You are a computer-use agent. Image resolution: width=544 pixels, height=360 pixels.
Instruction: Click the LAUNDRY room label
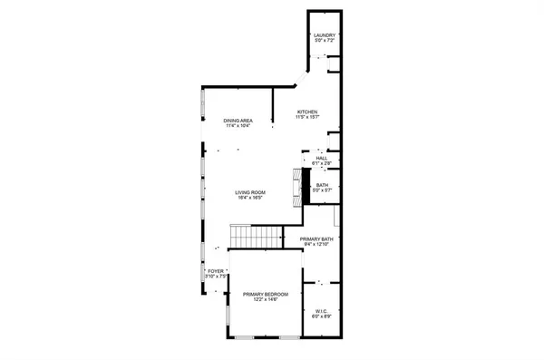tap(325, 36)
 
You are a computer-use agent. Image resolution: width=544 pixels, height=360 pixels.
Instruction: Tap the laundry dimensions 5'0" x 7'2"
tap(325, 42)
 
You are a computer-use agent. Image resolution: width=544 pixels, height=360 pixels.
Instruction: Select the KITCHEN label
tap(308, 112)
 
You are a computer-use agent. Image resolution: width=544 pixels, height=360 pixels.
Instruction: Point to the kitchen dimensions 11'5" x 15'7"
tap(308, 118)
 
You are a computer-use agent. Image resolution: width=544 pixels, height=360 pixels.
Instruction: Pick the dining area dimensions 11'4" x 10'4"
tap(238, 126)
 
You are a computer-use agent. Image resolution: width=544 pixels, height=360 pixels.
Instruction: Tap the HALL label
tap(321, 158)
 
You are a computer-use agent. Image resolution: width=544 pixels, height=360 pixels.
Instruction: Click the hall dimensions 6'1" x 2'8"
tap(321, 163)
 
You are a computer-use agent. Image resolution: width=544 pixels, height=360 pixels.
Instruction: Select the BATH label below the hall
tap(322, 185)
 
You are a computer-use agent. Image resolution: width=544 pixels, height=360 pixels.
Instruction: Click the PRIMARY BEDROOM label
tap(266, 294)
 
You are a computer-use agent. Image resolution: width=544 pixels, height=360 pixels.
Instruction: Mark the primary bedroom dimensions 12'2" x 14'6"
tap(266, 299)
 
